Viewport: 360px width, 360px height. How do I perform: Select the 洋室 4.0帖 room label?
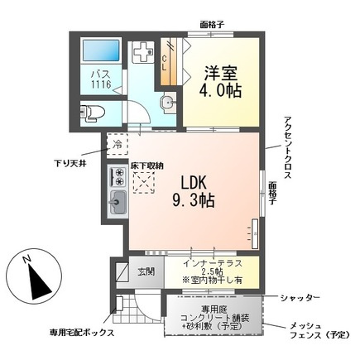(x=222, y=80)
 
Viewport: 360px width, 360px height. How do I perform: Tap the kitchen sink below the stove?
(x=117, y=201)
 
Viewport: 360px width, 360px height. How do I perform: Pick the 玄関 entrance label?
(x=145, y=271)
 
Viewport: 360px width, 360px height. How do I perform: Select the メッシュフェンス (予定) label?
(x=318, y=332)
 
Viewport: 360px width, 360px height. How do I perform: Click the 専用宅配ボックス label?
(x=80, y=332)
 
